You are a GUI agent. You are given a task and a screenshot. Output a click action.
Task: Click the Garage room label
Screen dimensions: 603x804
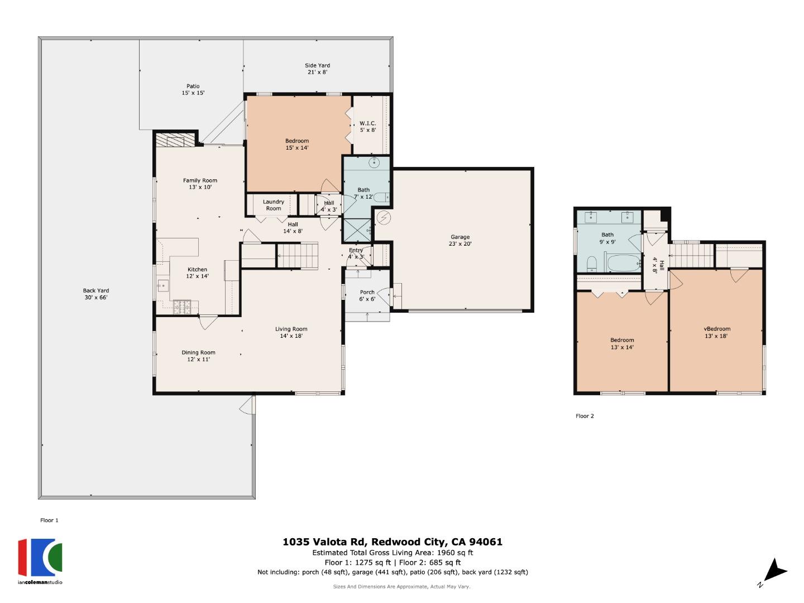460,240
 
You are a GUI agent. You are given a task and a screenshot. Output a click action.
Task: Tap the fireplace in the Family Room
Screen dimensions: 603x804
175,139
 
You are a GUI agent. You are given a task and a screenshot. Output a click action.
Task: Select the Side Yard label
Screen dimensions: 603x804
317,69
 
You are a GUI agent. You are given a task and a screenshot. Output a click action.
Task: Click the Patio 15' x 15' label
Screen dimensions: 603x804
193,89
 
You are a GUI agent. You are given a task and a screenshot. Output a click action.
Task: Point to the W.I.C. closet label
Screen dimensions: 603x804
367,127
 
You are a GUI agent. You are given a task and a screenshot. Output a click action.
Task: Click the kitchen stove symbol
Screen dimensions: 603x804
183,305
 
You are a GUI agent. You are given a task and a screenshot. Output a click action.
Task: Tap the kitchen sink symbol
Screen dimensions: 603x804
162,286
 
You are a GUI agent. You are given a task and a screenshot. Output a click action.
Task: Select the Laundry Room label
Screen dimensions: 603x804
273,205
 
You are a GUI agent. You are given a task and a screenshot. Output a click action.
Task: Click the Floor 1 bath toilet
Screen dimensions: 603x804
381,198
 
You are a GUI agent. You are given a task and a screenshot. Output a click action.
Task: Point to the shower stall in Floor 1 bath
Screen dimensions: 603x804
356,229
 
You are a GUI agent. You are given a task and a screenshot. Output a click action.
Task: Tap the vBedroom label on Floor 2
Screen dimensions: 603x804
716,332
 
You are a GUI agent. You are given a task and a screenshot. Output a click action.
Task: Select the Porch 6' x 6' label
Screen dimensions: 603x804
367,295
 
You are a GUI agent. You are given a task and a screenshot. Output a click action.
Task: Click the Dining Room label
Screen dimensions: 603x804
198,356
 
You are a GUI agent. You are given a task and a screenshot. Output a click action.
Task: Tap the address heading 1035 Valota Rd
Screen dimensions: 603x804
392,542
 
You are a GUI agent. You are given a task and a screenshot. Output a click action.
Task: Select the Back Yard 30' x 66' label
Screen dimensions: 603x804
95,294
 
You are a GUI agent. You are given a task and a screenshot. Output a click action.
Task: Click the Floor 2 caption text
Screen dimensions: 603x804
585,416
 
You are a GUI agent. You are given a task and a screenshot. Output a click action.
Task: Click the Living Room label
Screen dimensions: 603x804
291,332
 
